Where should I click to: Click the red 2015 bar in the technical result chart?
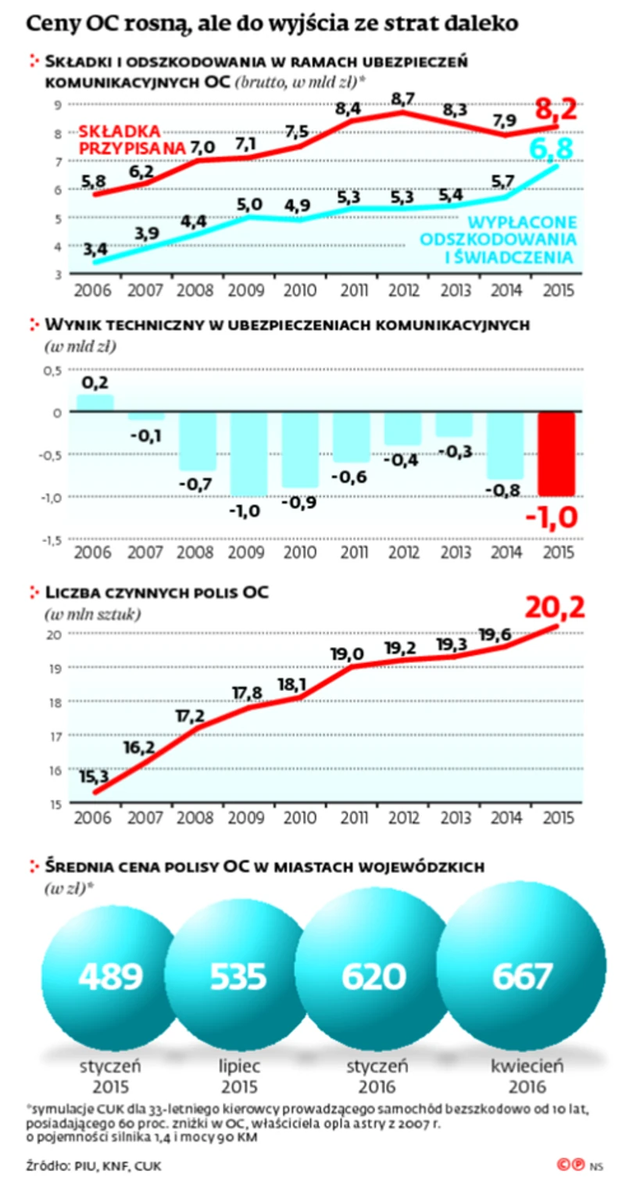(556, 453)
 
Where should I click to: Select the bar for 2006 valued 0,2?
(95, 403)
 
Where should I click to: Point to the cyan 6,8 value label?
(556, 147)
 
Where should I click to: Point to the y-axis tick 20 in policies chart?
(57, 634)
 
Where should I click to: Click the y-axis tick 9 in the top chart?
(58, 105)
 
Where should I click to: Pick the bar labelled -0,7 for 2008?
(197, 442)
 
